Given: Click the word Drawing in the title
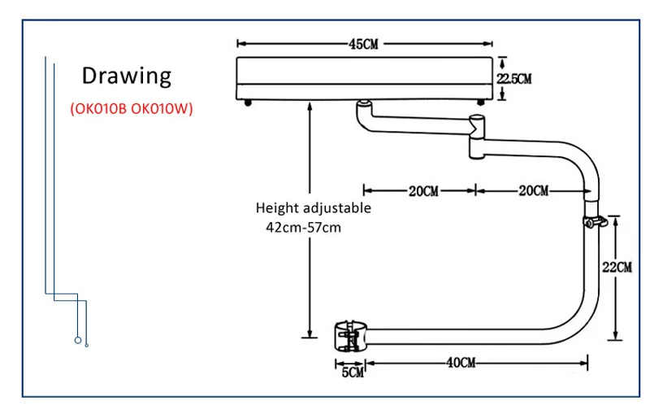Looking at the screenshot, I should point(127,76).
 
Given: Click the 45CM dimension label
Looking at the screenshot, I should point(364,44).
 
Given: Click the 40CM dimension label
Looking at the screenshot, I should point(461,363).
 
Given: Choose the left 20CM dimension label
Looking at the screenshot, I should point(422,191).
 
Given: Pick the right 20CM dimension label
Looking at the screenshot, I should point(532,191).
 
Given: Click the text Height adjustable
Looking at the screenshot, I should point(313,208).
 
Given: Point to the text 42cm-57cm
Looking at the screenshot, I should point(304,227).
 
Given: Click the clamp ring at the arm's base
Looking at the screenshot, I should point(353,334).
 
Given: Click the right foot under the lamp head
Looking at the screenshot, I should point(482,102).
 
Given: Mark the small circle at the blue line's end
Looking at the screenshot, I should point(77,341).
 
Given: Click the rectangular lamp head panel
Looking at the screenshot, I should point(365,78).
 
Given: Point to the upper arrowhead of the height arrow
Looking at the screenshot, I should point(309,106).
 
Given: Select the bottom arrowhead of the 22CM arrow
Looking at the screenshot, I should point(617,336).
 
